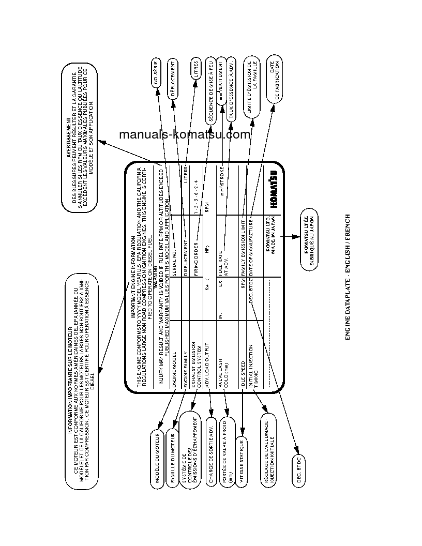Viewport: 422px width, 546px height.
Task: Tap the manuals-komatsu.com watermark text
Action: pos(185,135)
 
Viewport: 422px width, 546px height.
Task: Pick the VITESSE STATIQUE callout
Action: pos(242,462)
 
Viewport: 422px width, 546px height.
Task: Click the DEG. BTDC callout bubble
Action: pos(298,473)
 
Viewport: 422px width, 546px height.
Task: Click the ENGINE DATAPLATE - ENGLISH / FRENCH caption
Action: pos(348,277)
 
